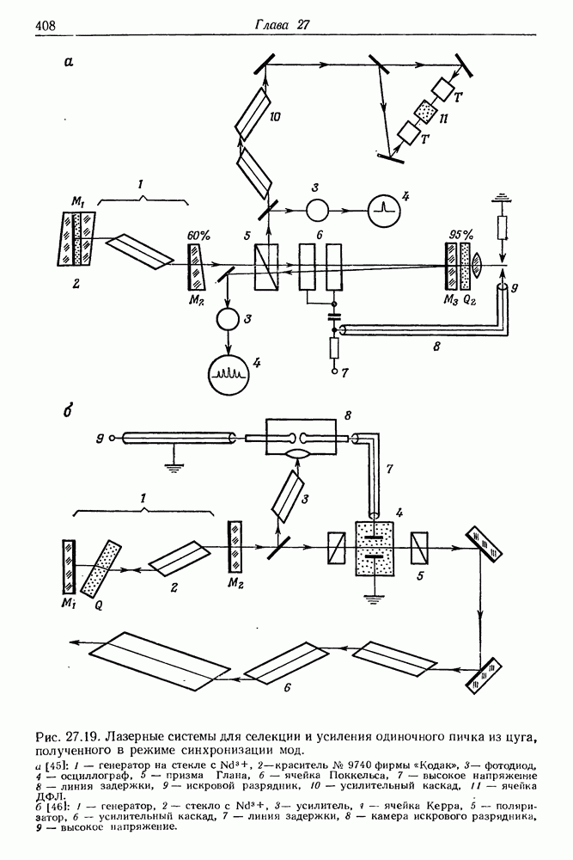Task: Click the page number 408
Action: [46, 26]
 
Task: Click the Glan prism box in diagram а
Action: [266, 267]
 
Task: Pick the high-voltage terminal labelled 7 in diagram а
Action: [334, 372]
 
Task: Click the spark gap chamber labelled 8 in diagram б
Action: [300, 437]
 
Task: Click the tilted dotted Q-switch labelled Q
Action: [101, 569]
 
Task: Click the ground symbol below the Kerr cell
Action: [375, 596]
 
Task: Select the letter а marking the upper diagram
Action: [69, 62]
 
